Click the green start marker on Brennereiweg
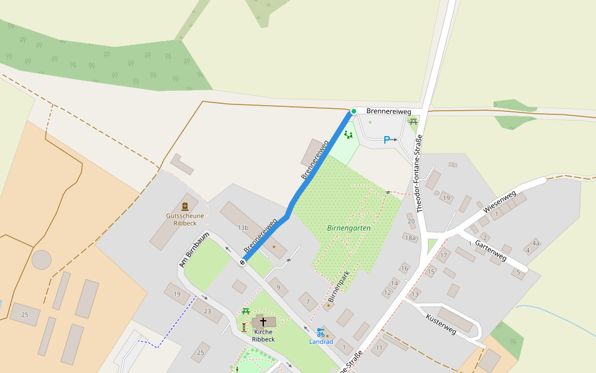pos(354,111)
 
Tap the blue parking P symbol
pos(386,140)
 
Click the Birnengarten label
pos(349,228)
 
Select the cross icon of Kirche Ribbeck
pos(263,321)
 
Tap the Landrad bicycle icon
pos(320,333)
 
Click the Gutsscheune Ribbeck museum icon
pos(184,206)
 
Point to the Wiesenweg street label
pos(500,203)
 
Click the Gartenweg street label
pos(491,249)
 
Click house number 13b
pos(243,228)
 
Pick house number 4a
pos(535,243)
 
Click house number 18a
pos(410,237)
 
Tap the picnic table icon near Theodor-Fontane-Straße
pos(413,122)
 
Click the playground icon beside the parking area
pos(348,134)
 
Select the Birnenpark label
pos(339,287)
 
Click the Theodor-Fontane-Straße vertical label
pos(420,173)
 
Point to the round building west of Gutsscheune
pos(42,259)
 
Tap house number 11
pos(379,348)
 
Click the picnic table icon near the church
pos(246,311)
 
